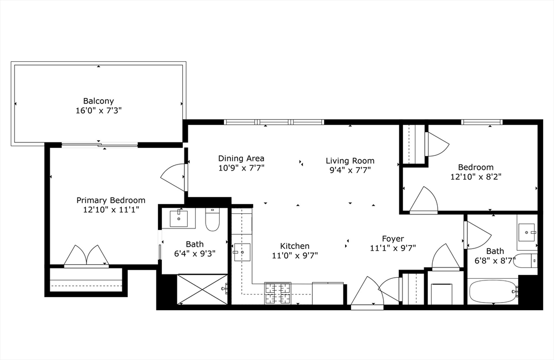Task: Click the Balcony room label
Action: (98, 101)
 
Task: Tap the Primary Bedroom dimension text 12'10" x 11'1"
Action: (111, 210)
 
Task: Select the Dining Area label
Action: (241, 159)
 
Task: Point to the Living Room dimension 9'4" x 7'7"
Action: (350, 170)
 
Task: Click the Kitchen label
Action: (295, 246)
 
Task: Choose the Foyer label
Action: (393, 239)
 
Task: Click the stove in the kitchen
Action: (278, 293)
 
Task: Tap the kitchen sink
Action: (242, 252)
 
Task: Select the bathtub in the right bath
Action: (493, 291)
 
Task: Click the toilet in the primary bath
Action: (213, 219)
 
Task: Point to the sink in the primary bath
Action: (179, 219)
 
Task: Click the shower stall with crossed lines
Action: (202, 289)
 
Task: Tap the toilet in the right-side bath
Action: (526, 261)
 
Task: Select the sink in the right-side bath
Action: (527, 232)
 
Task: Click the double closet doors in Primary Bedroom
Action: (86, 256)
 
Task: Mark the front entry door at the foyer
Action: (367, 293)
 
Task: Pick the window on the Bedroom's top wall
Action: (482, 122)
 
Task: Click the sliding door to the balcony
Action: (100, 145)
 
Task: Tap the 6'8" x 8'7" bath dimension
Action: (495, 261)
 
